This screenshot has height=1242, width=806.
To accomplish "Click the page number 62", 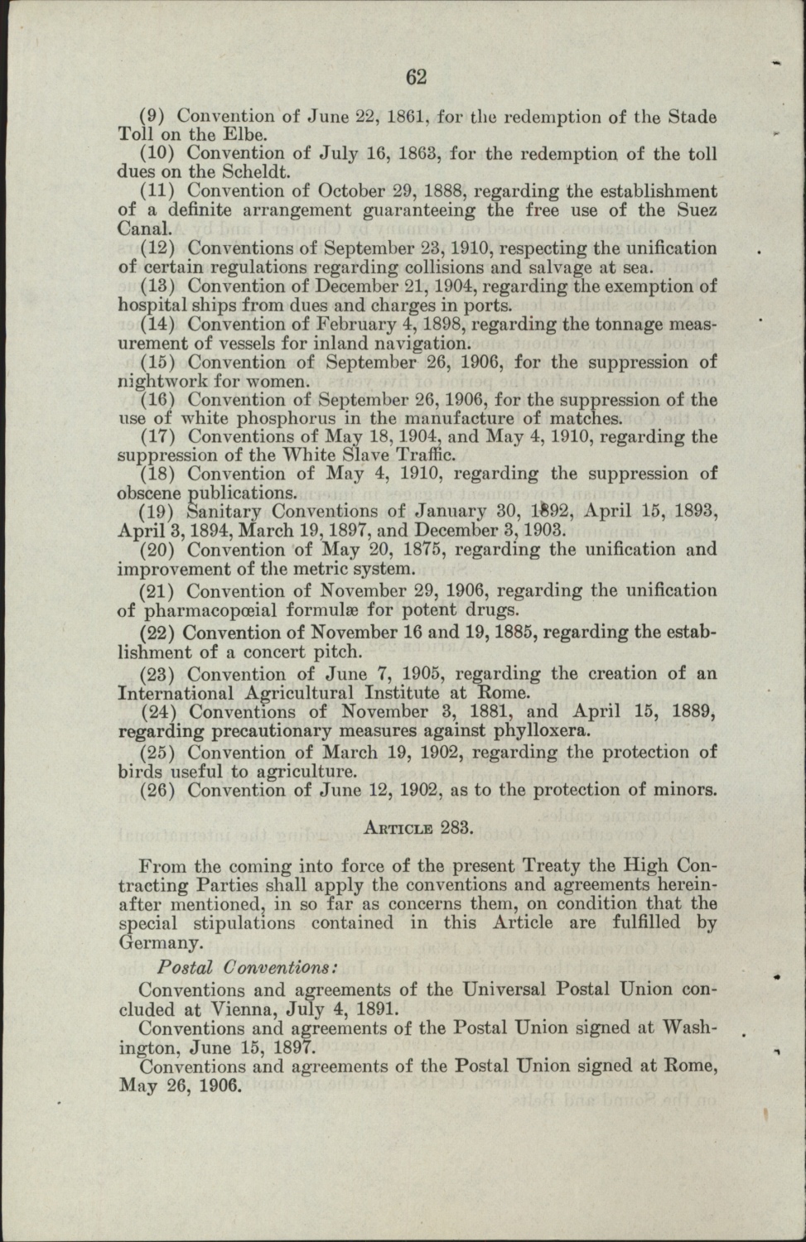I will tap(416, 77).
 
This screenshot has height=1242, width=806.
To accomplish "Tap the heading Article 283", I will tap(418, 826).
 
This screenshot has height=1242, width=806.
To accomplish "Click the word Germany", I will tap(159, 942).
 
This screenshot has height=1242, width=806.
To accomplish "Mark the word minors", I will tap(683, 790).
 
